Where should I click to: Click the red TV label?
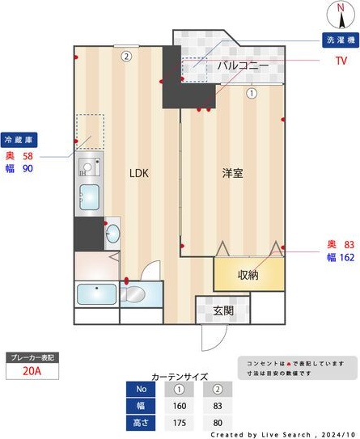click(341, 60)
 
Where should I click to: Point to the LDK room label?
click(139, 173)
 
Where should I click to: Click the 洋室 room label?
click(233, 173)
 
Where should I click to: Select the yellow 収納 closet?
click(249, 275)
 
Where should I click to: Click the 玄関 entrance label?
click(224, 310)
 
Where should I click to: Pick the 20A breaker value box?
click(31, 372)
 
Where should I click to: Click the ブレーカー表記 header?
click(31, 357)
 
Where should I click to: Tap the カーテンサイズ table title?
click(180, 376)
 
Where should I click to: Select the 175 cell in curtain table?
click(180, 423)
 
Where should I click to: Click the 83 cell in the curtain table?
click(217, 406)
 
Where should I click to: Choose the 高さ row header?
click(142, 423)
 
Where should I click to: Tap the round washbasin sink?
click(113, 234)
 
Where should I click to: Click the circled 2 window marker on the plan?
click(127, 57)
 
